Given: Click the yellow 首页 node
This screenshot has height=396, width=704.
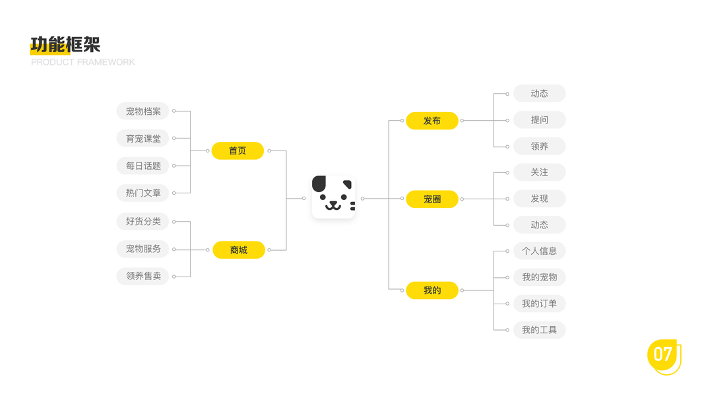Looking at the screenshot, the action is click(238, 151).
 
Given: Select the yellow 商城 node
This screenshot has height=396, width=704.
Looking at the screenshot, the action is click(238, 250).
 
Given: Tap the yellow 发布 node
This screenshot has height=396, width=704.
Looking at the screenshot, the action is click(432, 121).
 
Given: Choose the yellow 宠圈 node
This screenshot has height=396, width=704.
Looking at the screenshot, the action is click(432, 199).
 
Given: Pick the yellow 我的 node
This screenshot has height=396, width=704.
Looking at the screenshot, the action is click(432, 290).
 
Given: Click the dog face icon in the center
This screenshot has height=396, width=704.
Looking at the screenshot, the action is click(333, 197).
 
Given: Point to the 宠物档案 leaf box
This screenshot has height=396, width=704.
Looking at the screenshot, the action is click(143, 112).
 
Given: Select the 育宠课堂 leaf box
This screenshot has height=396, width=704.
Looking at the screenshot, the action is click(143, 139).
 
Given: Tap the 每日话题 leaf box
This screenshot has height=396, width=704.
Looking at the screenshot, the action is click(143, 166).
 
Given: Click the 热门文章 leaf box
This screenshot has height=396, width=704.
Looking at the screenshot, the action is click(143, 193).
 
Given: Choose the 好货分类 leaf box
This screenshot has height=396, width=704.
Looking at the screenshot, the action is click(143, 221).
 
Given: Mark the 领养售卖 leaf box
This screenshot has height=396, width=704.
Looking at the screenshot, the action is click(143, 276).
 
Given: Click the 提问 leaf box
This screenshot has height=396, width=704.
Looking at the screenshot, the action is click(539, 120).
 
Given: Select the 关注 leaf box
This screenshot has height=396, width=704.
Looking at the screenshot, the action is click(539, 172).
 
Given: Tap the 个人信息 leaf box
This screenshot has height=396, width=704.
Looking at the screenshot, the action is click(539, 251).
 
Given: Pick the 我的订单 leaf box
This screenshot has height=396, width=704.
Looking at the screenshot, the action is click(539, 304).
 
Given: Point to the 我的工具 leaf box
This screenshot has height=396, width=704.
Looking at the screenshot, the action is click(539, 330).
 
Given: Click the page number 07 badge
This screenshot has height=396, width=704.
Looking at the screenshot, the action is click(663, 355).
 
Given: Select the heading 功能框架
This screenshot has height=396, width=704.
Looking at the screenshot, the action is click(65, 45).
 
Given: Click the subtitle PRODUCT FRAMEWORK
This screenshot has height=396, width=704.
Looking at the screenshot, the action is click(83, 62).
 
